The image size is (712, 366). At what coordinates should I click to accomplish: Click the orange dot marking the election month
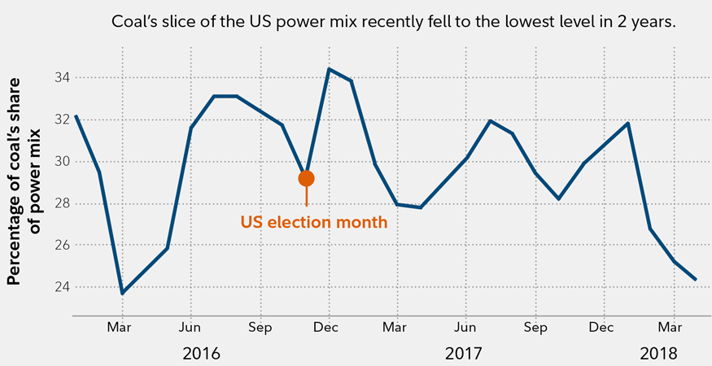point(306,178)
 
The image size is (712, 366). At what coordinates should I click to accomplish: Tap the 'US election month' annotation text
point(314,221)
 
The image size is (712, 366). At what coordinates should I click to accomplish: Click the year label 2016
point(201,354)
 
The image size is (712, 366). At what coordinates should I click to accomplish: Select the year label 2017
point(464,354)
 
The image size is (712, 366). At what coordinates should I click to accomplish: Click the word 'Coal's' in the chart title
point(135,22)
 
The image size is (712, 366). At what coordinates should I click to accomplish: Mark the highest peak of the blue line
point(329,69)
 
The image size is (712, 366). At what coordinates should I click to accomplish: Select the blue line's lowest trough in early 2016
point(122,293)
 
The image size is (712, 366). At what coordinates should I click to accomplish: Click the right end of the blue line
point(695,279)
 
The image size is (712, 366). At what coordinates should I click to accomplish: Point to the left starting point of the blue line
point(76,116)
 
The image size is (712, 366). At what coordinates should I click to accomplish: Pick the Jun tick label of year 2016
point(190,328)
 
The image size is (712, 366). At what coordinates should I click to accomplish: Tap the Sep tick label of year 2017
point(535,328)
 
